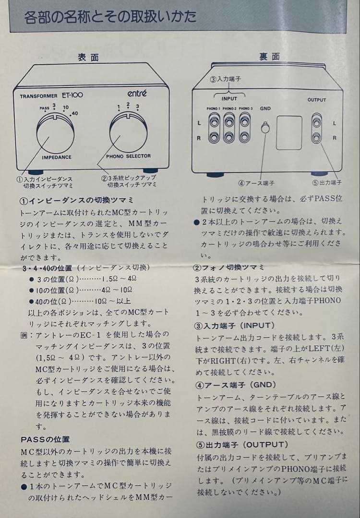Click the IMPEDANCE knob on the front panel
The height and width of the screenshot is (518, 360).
point(55,133)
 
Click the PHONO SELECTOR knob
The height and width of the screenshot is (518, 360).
point(128,132)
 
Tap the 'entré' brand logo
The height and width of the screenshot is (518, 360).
point(137,94)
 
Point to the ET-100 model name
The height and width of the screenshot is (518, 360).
point(72,95)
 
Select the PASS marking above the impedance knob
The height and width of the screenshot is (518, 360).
point(44,108)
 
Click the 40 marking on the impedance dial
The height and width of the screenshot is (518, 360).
point(75,113)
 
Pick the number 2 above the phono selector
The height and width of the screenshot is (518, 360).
point(128,105)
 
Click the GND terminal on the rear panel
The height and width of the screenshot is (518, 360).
point(265,128)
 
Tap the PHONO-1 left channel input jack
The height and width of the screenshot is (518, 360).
point(214,122)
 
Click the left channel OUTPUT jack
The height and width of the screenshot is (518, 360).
point(317,123)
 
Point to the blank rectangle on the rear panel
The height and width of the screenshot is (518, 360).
point(289,132)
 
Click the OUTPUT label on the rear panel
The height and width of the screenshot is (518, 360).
point(317,100)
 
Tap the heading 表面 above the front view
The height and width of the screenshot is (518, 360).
point(88,57)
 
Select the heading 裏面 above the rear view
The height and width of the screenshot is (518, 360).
point(269,57)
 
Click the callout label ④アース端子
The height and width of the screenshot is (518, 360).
point(256,183)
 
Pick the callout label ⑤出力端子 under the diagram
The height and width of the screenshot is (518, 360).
point(327,182)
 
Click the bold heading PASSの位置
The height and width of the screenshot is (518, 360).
point(45,439)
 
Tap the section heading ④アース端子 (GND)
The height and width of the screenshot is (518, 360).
point(235,385)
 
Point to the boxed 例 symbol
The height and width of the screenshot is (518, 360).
point(24,335)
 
